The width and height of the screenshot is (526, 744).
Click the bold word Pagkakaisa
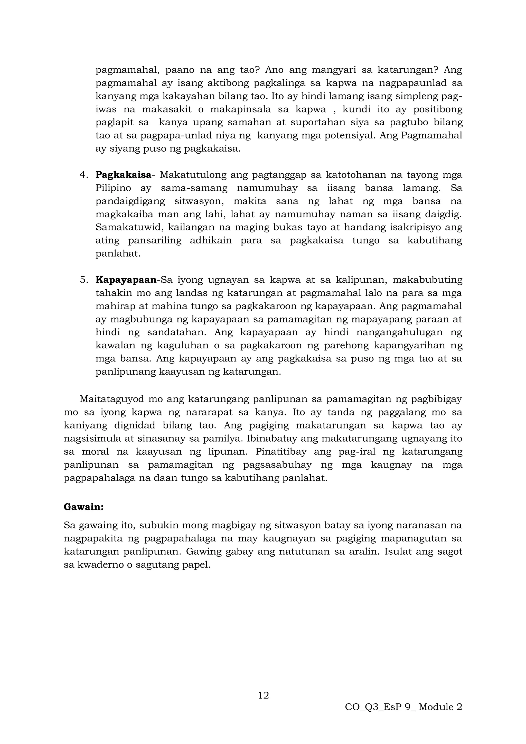tap(123, 175)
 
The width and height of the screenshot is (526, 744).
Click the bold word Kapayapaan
tap(126, 280)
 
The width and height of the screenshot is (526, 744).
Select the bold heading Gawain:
tap(83, 507)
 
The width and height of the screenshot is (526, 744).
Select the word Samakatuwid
tap(130, 227)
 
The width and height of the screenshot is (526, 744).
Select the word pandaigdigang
tap(130, 201)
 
